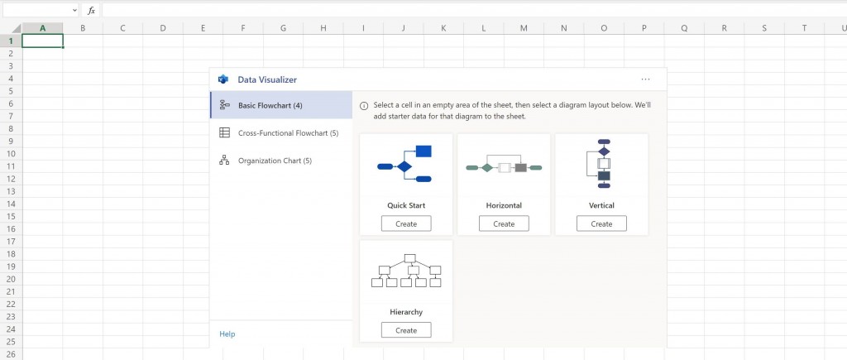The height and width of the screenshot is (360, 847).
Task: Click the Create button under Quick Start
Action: click(406, 223)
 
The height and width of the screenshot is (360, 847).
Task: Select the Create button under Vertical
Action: click(601, 223)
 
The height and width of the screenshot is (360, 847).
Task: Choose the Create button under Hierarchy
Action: click(406, 330)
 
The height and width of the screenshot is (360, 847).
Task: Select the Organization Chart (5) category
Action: click(275, 161)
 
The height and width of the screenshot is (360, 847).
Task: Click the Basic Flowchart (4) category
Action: click(270, 105)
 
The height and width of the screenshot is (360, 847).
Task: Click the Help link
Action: click(227, 334)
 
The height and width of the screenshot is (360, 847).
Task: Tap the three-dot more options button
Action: click(645, 79)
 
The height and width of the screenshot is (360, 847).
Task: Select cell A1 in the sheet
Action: click(42, 41)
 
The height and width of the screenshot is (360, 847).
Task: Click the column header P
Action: click(644, 28)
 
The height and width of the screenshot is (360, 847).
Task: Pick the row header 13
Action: click(11, 191)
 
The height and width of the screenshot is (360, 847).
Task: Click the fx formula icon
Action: click(92, 11)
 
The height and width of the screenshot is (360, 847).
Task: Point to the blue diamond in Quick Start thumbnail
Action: click(404, 166)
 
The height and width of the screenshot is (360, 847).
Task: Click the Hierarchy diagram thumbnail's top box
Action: click(409, 258)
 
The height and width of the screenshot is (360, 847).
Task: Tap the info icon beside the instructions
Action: click(364, 106)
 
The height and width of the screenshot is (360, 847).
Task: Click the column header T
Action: click(804, 28)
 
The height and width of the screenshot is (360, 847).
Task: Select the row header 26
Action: click(11, 353)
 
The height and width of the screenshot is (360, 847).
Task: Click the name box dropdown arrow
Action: click(75, 11)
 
